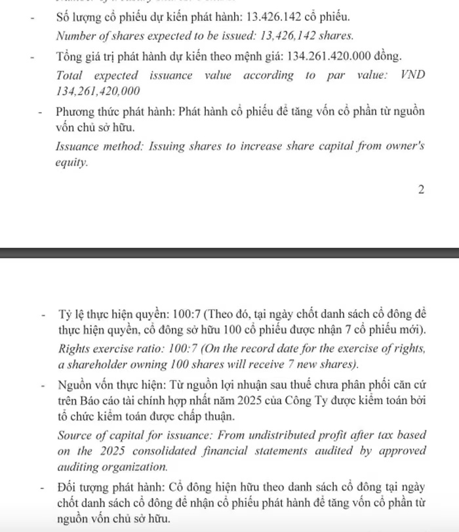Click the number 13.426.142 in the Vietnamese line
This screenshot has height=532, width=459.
274,16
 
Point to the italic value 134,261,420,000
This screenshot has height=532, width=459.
98,92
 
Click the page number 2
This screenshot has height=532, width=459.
421,190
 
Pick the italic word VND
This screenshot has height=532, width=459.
412,75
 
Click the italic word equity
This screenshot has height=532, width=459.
71,162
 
